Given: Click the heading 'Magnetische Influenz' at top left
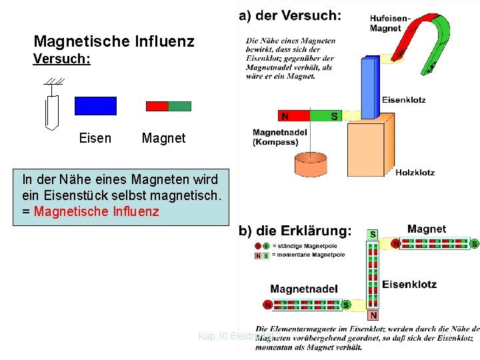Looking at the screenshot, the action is pos(113,42).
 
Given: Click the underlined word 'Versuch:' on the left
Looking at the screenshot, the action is pos(61,59).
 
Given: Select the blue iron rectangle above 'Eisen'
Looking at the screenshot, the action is pos(95,106).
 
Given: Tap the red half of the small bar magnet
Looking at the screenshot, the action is pos(157,106).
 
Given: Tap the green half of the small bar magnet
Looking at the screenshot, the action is pos(179,106).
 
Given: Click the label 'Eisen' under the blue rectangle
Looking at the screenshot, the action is pos(95,138).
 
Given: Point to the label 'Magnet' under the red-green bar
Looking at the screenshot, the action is pos(163,138).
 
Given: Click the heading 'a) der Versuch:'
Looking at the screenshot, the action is pos(290,15).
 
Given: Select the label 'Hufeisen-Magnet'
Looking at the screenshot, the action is pos(390,23).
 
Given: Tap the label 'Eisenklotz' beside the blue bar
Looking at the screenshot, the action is pos(403,100).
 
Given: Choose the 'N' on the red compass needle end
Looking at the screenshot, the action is pos(285,116).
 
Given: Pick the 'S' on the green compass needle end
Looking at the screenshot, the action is pos(334,116).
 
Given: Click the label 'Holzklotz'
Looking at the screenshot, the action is pos(415,172).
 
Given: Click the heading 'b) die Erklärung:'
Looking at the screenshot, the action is pos(295,231).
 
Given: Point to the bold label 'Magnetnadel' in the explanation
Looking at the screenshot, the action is pos(304,289).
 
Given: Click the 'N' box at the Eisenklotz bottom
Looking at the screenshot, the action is pos(373,315).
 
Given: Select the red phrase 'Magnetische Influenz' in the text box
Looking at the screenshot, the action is pos(96,211).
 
